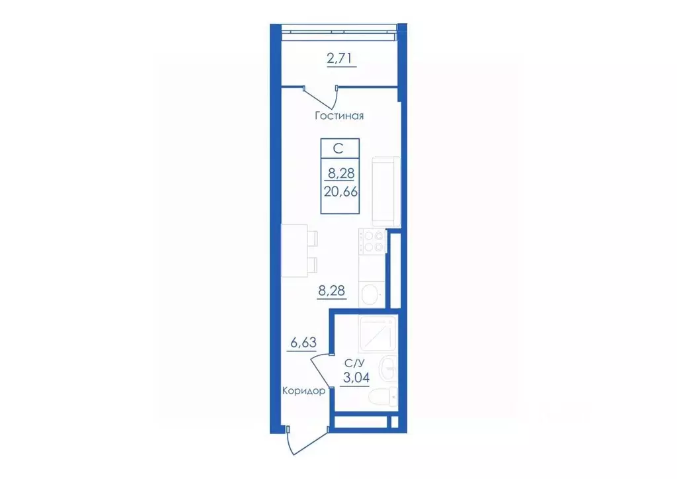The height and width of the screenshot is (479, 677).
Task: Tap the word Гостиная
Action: (339, 116)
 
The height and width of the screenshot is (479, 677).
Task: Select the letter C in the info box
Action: (338, 149)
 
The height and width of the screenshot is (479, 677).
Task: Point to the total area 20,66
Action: (340, 191)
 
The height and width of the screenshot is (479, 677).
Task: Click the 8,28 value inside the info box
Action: (341, 173)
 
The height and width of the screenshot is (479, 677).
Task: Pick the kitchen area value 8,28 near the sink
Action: (332, 290)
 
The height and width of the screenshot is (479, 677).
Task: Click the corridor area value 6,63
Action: (303, 343)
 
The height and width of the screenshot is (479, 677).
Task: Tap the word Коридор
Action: (303, 391)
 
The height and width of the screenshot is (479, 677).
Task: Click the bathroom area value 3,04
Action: (356, 378)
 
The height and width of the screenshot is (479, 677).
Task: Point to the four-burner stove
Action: (373, 241)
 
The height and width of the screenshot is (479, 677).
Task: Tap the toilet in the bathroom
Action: (387, 396)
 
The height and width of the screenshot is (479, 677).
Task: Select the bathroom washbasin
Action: (389, 369)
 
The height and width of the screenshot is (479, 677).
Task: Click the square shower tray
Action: (378, 334)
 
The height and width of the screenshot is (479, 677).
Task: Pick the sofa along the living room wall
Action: (386, 191)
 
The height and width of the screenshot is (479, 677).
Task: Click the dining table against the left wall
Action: (294, 251)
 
